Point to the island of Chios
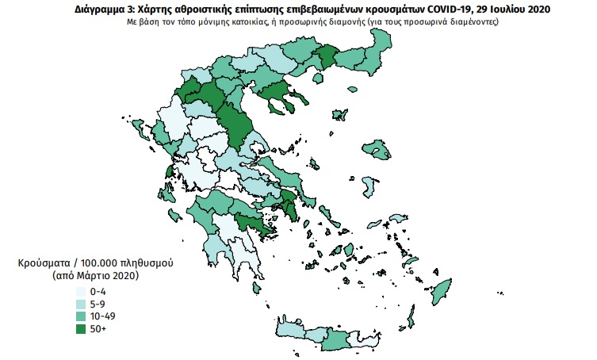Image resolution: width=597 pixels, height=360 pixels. pyautogui.click(x=366, y=187)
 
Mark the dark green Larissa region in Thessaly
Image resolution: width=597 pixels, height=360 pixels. pyautogui.click(x=235, y=126)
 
